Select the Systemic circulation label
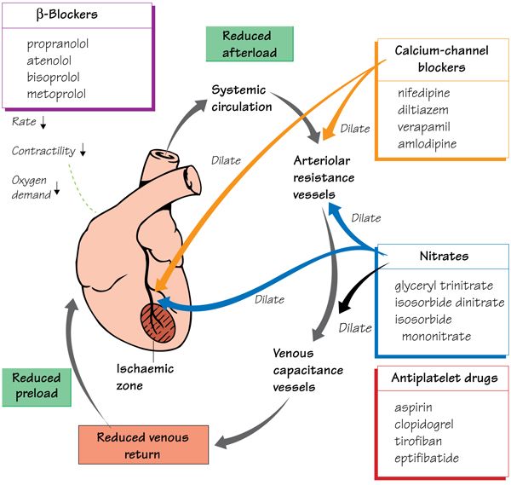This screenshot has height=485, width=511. pyautogui.click(x=242, y=97)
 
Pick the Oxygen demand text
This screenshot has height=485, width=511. pyautogui.click(x=32, y=186)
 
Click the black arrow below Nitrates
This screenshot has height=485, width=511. pyautogui.click(x=357, y=298)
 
